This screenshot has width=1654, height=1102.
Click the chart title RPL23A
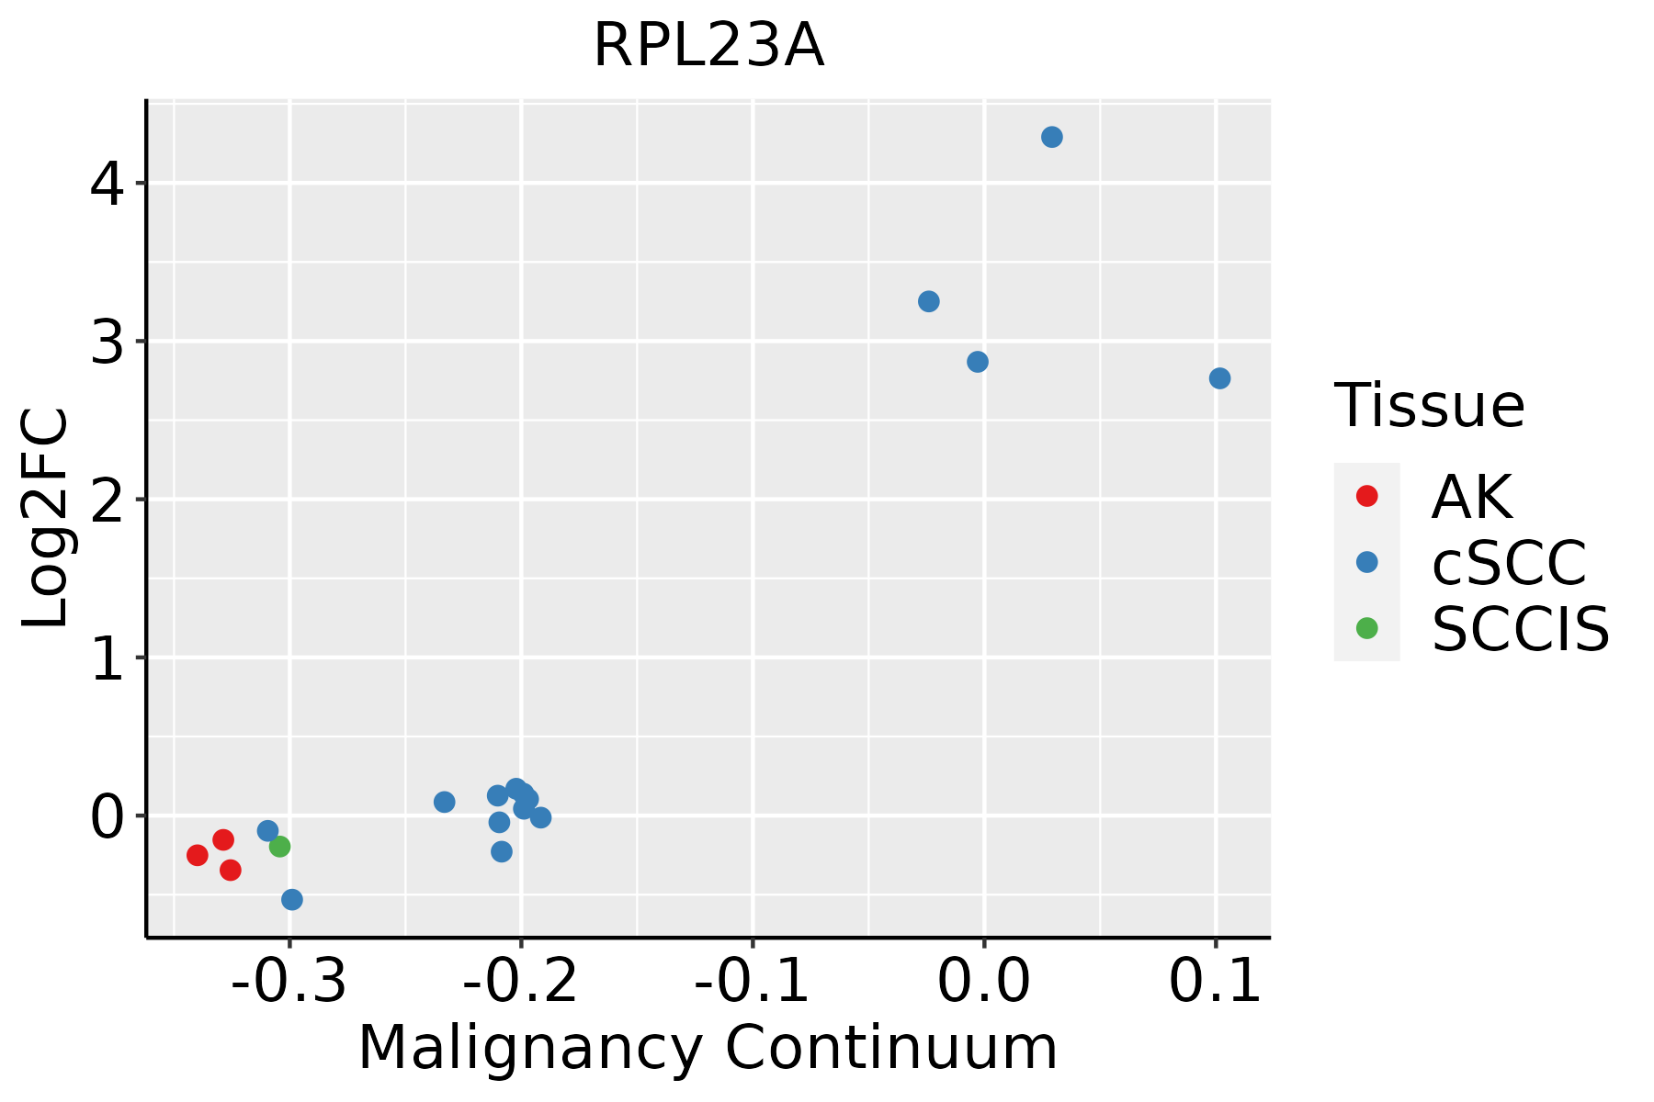(x=708, y=46)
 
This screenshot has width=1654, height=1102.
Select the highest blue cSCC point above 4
(x=1052, y=137)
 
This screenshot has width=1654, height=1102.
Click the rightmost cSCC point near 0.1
(x=1219, y=378)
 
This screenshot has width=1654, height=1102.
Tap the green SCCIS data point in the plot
(x=280, y=846)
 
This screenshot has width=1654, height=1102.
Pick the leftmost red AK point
(x=198, y=855)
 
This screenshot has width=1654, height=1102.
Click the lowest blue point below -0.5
(x=292, y=899)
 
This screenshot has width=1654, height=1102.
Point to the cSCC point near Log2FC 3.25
(x=929, y=301)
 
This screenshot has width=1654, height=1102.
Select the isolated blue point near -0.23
(x=445, y=802)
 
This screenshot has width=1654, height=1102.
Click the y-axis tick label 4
(x=107, y=184)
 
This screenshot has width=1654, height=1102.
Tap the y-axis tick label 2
(x=107, y=500)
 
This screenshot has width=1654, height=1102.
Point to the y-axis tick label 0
(x=107, y=815)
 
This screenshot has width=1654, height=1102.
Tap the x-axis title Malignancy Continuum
(x=708, y=1048)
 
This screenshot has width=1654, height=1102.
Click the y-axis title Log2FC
(x=46, y=518)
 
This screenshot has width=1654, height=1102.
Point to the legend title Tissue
(x=1429, y=405)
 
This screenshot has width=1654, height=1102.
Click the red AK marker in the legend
(x=1366, y=496)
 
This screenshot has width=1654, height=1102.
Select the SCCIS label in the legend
(x=1520, y=629)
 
